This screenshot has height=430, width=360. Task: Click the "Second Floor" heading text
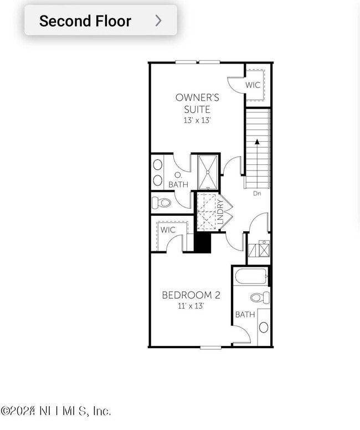click(x=85, y=21)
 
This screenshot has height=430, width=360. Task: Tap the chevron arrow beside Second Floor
click(x=158, y=21)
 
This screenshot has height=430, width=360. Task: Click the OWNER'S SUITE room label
click(x=197, y=103)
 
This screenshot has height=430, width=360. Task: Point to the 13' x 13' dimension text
click(x=197, y=120)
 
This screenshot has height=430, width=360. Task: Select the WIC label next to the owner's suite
click(x=253, y=85)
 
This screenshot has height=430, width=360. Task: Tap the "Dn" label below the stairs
click(x=257, y=193)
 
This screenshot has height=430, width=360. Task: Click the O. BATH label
click(x=177, y=180)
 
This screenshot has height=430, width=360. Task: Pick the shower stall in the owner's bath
click(x=208, y=172)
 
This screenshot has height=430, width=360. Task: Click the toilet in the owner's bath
click(x=162, y=202)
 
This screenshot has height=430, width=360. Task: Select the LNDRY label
click(x=220, y=211)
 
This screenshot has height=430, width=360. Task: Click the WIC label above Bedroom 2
click(x=168, y=230)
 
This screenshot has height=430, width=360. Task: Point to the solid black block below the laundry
click(x=203, y=242)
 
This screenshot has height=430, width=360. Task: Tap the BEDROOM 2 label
click(x=191, y=295)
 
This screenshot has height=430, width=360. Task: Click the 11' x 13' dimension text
click(x=191, y=305)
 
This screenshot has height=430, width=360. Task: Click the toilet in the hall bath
click(x=259, y=298)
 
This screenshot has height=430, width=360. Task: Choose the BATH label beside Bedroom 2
click(x=245, y=314)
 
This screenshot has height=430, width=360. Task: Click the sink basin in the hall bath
click(x=263, y=327)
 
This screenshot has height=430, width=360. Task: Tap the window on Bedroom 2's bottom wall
click(x=211, y=348)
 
